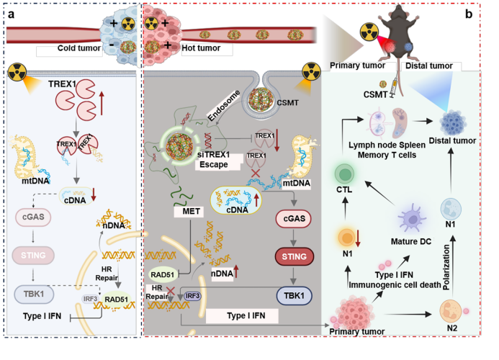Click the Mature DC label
pos(410,242)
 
